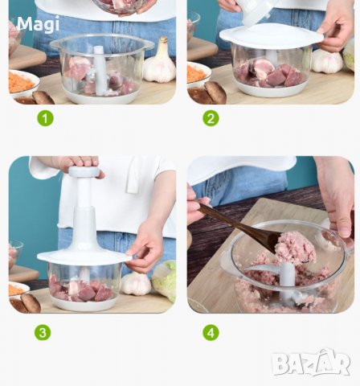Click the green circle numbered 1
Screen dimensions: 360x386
(x=45, y=118)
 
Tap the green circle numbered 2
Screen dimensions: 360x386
(x=211, y=118)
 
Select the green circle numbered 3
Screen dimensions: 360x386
(x=43, y=332)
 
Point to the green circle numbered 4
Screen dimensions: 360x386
(x=211, y=332)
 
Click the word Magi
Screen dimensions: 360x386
(x=38, y=25)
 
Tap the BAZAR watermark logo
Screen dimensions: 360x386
(x=311, y=363)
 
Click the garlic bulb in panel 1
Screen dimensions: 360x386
(x=160, y=62)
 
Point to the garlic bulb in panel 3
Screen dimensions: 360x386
(x=136, y=283)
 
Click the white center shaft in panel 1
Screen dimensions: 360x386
(x=100, y=71)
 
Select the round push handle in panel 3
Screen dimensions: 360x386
(x=84, y=172)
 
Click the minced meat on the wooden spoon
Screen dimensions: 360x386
(x=295, y=248)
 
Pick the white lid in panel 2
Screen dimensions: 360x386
(x=272, y=36)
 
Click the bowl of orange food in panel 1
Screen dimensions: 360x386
(x=22, y=84)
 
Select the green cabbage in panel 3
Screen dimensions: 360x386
(x=165, y=281)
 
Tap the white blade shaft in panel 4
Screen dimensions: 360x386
(x=287, y=281)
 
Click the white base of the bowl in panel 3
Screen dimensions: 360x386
(x=84, y=305)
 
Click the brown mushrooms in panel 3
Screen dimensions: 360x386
(x=26, y=304)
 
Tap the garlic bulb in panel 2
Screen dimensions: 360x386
(x=327, y=61)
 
